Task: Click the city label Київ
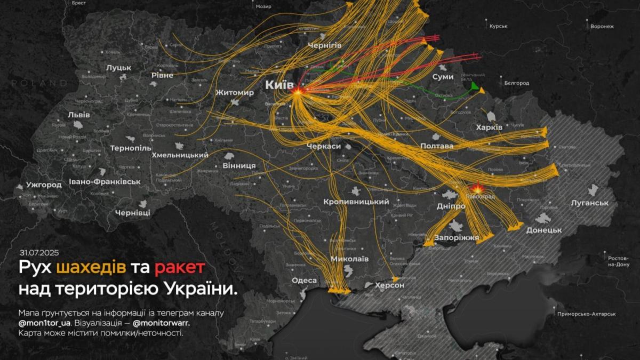pyautogui.click(x=279, y=85)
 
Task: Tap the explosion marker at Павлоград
pyautogui.click(x=477, y=188)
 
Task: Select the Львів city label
pyautogui.click(x=79, y=115)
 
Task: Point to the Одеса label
pyautogui.click(x=304, y=281)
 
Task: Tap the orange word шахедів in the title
pyautogui.click(x=91, y=268)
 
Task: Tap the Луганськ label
pyautogui.click(x=589, y=203)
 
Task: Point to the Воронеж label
pyautogui.click(x=602, y=26)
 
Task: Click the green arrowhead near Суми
pyautogui.click(x=474, y=87)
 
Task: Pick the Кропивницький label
pyautogui.click(x=356, y=202)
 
